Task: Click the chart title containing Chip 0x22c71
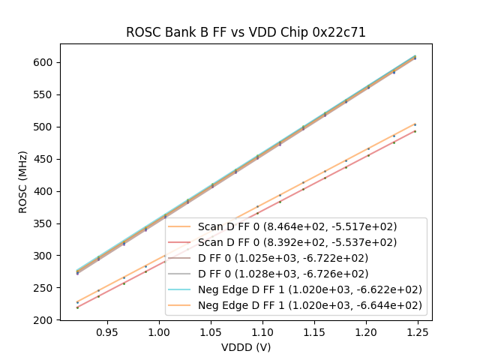pos(245,33)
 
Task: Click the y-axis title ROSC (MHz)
pos(23,182)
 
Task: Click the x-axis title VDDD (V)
pos(245,347)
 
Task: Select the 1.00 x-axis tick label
pos(158,331)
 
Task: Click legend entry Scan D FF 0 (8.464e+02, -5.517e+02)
pos(297,226)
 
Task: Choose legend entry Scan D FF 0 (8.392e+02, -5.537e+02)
pos(297,242)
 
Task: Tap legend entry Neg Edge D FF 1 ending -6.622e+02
pos(310,289)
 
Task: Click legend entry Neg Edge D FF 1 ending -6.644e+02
pos(310,305)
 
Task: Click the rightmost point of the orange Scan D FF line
pos(415,124)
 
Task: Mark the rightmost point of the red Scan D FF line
pos(415,131)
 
